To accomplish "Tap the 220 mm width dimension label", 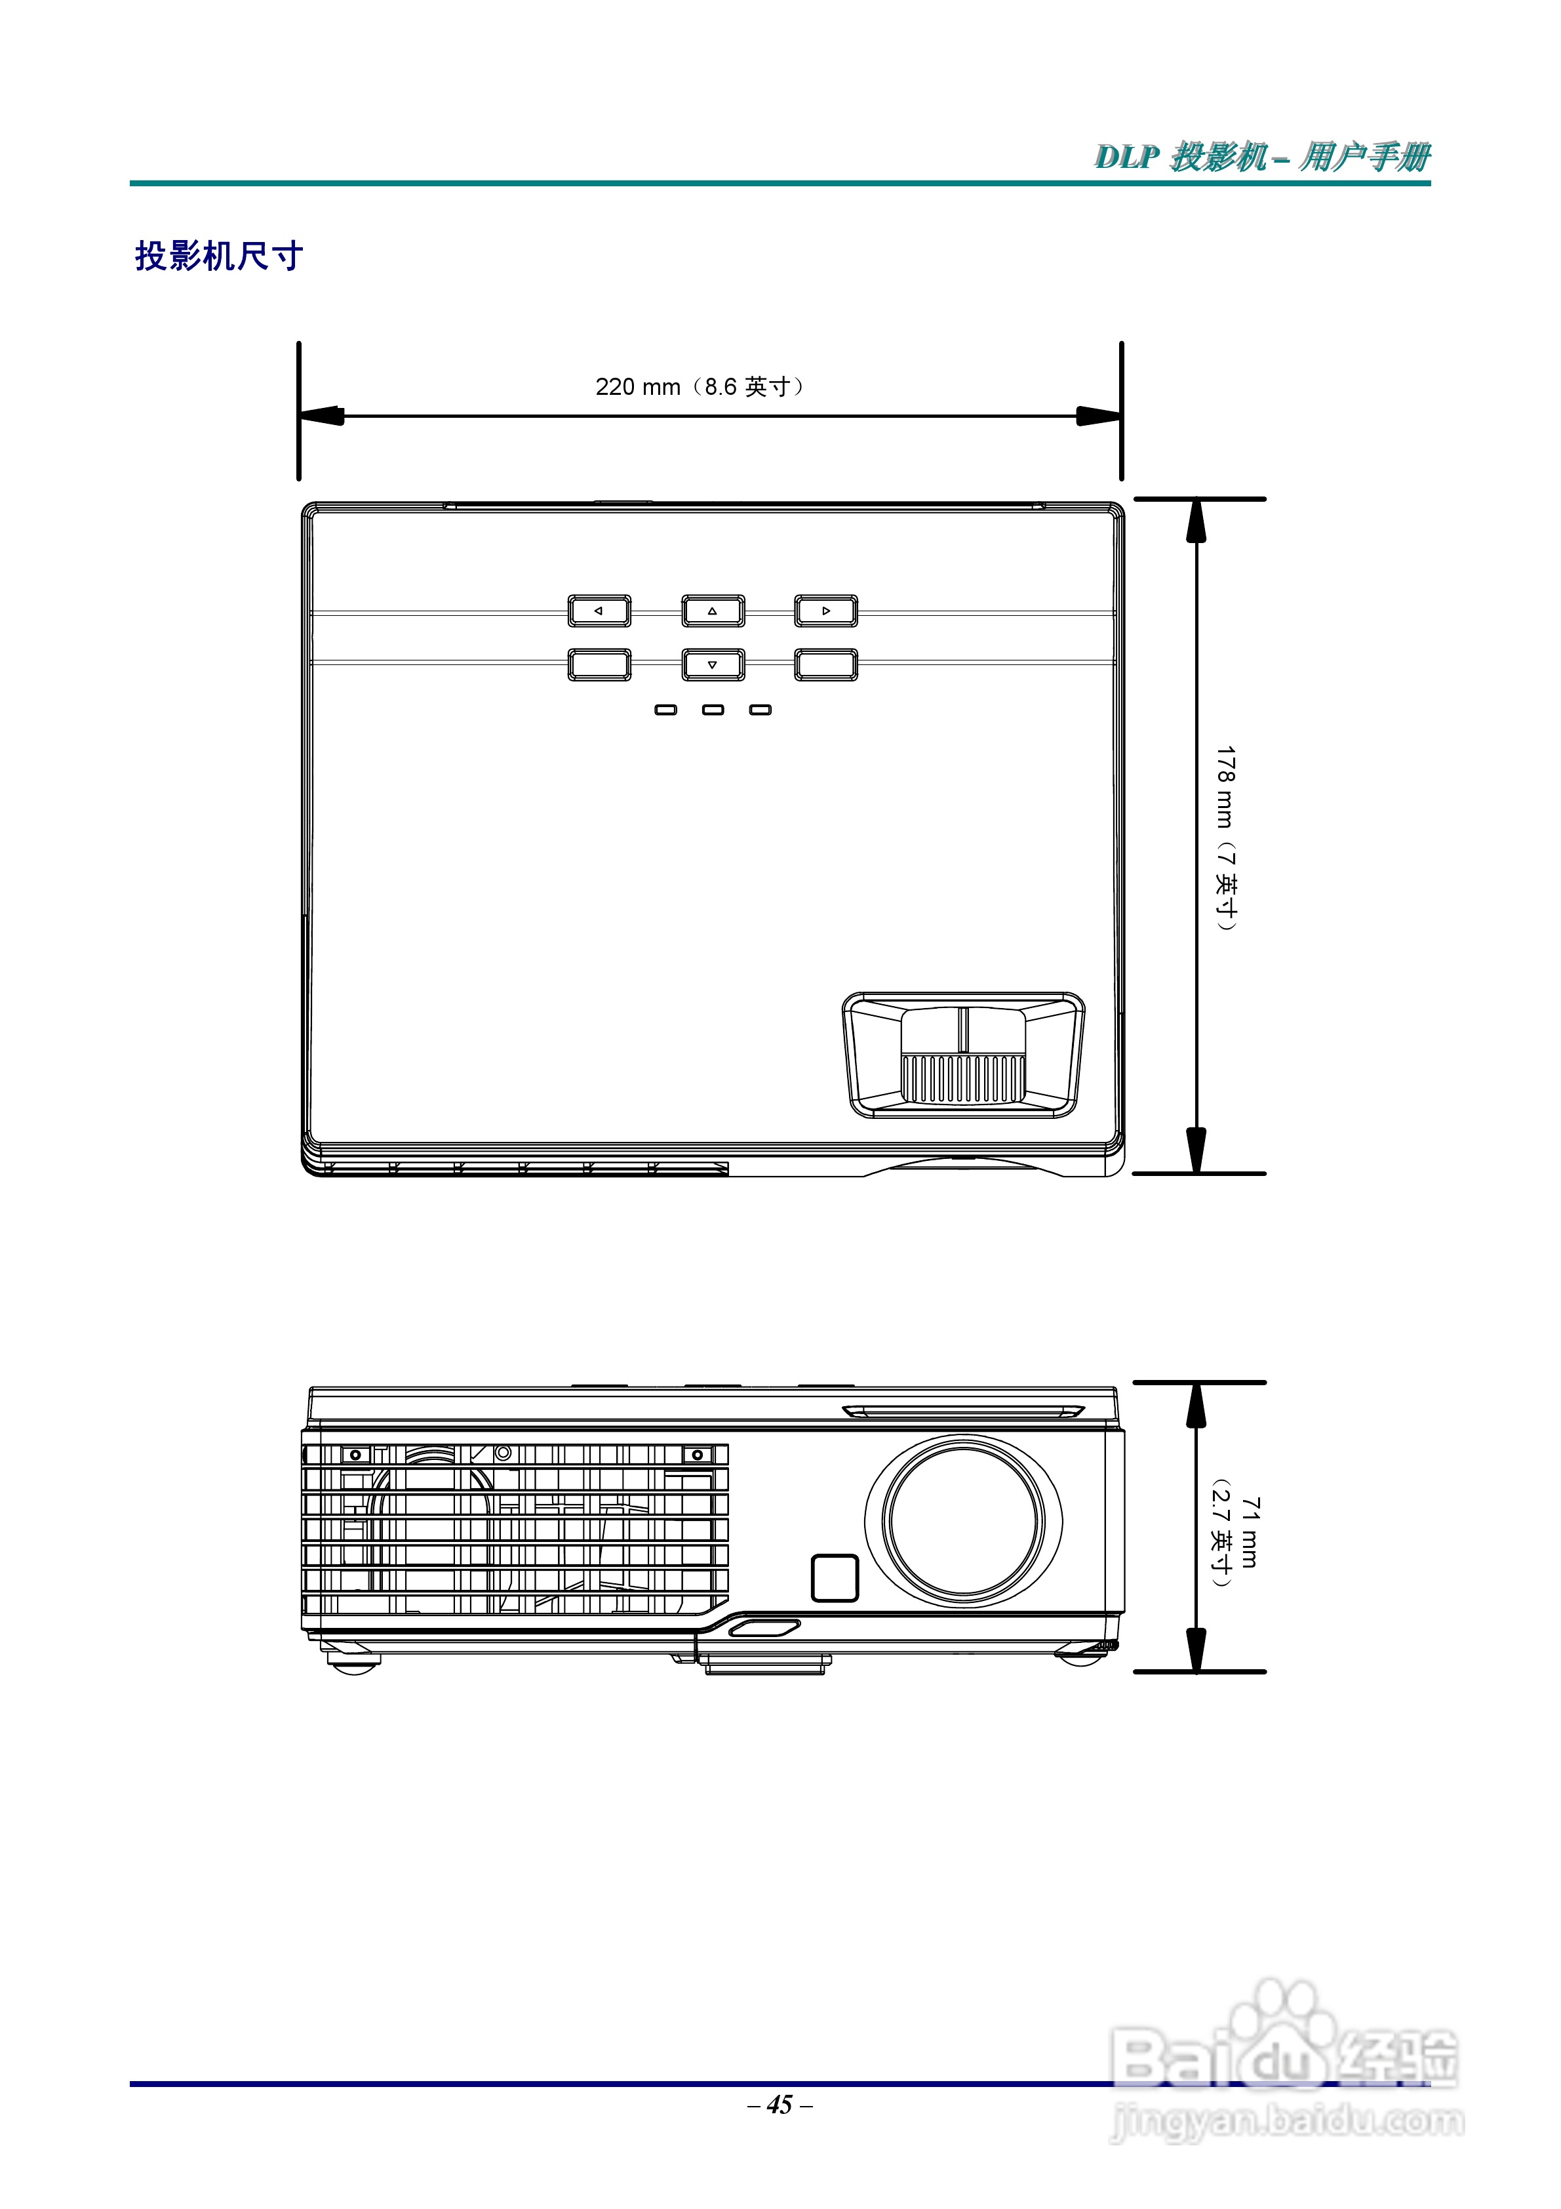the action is (x=700, y=387).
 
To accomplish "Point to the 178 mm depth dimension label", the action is (x=1225, y=837).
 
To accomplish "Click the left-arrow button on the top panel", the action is (x=599, y=611).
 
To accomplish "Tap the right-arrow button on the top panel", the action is (x=826, y=611).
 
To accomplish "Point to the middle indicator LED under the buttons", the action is (x=713, y=710).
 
